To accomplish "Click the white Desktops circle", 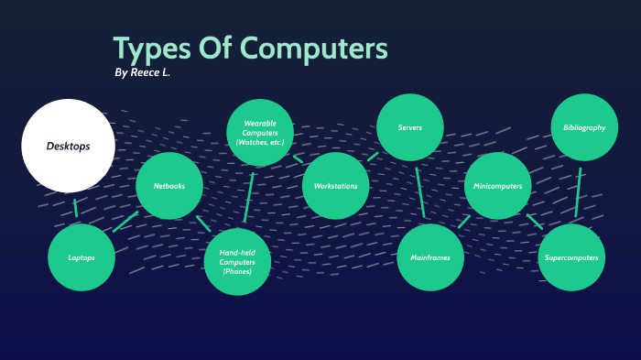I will [x=68, y=146].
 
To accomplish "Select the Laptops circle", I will [x=81, y=257].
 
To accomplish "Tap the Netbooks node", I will [x=169, y=186].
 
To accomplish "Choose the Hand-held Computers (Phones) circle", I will [x=237, y=262].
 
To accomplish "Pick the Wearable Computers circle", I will [x=260, y=133].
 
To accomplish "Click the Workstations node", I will [x=335, y=186].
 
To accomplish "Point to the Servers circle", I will [x=410, y=127].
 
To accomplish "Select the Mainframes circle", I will [x=430, y=257].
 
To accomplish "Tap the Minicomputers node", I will [x=498, y=186].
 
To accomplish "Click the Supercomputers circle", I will [x=571, y=257].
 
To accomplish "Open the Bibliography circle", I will [x=584, y=127].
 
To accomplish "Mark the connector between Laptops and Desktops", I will [x=75, y=207].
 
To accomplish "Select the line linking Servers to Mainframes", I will [x=420, y=192].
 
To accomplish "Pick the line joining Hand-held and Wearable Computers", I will [x=249, y=197].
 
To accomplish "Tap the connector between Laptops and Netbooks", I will [x=125, y=222].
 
